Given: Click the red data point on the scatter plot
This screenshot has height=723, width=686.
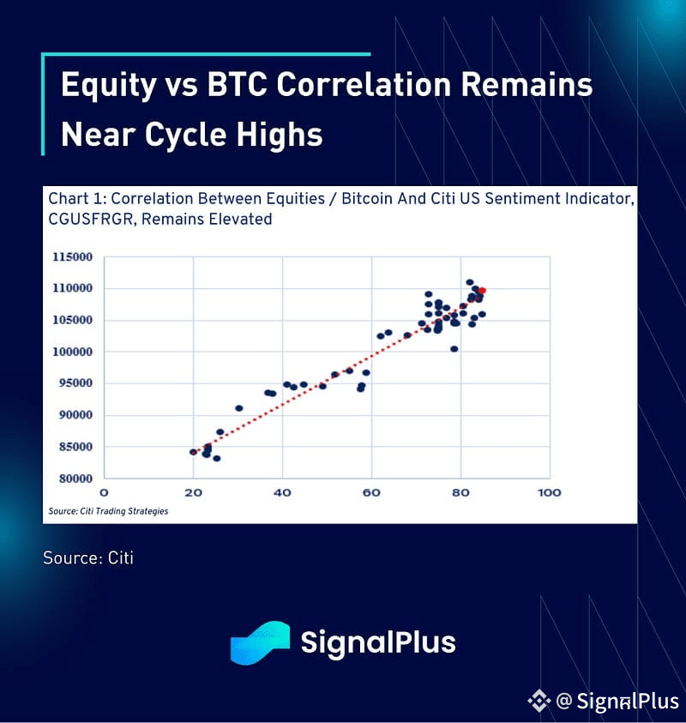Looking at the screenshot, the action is (482, 291).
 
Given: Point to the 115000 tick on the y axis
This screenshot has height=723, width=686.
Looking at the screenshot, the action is (72, 256).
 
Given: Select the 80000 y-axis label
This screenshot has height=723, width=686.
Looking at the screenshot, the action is (75, 479).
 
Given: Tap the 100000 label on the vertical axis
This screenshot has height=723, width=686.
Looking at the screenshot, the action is (72, 352).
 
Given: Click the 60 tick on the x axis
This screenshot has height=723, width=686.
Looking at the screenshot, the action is (371, 493).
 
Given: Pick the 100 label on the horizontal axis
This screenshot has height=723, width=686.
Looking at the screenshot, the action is (549, 493).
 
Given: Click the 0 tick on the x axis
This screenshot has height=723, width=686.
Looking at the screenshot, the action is (105, 493).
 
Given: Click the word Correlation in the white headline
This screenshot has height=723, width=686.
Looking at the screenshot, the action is (364, 84).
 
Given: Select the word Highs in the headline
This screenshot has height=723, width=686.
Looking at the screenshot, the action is (280, 134).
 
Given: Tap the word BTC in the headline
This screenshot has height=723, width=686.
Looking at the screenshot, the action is (237, 84).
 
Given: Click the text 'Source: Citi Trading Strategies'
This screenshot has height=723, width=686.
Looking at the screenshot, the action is (108, 511).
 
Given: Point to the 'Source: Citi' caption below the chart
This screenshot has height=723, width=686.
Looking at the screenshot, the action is (88, 558).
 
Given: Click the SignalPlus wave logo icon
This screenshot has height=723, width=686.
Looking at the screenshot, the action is (260, 642).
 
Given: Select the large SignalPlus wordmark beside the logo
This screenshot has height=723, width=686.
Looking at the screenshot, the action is (378, 643).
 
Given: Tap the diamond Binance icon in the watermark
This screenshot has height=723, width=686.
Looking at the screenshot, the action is (539, 701).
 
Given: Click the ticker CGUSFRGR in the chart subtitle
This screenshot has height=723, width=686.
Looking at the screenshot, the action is (91, 219).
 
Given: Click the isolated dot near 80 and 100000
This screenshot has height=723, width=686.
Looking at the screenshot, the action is (454, 349).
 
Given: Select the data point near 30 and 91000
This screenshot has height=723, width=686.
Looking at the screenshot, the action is (238, 408).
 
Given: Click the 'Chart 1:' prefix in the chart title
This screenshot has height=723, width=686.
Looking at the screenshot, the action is (77, 199).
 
